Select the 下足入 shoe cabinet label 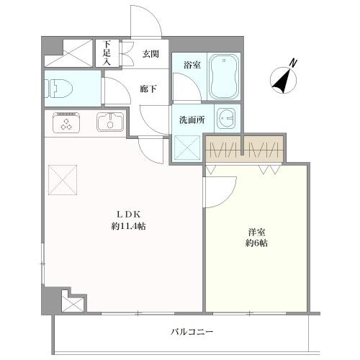tap(108, 53)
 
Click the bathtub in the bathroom tap(224, 78)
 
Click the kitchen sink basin tap(110, 123)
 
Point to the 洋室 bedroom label tap(257, 231)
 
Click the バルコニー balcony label tap(192, 332)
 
